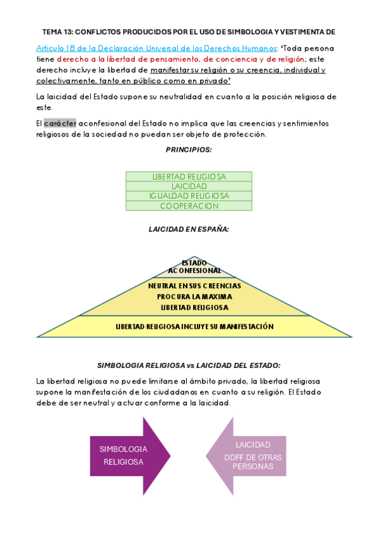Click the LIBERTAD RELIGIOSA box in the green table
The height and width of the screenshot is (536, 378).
[x=189, y=177]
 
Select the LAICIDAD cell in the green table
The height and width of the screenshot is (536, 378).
[x=189, y=186]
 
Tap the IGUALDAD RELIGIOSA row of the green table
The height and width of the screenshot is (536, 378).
[x=189, y=196]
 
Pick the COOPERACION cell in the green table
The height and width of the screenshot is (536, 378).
[x=189, y=205]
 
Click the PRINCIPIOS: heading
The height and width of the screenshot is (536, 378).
[x=189, y=150]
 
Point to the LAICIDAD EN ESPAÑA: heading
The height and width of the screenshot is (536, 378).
[x=189, y=229]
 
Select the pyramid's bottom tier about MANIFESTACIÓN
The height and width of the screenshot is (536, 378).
[x=194, y=327]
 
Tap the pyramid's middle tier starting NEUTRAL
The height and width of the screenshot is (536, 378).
[x=194, y=296]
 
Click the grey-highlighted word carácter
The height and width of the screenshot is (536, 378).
[x=60, y=123]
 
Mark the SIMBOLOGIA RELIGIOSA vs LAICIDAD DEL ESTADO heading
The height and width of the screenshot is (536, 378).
[x=189, y=365]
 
